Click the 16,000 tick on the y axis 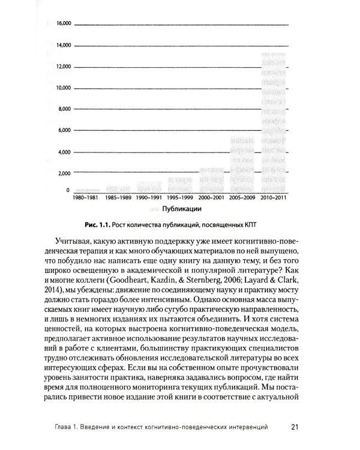point(63,24)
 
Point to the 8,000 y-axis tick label point(64,109)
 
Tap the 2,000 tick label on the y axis point(64,173)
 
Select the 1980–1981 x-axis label point(86,197)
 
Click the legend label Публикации point(181,209)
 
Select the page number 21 point(295,427)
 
